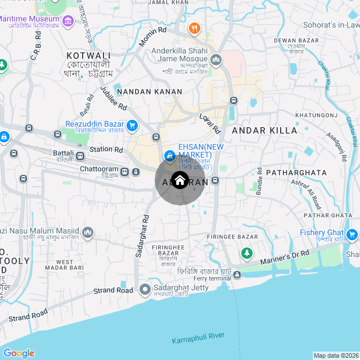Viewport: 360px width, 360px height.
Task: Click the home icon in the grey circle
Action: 179,181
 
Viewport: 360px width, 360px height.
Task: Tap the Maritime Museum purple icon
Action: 69,22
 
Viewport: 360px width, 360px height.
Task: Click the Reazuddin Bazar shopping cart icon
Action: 132,125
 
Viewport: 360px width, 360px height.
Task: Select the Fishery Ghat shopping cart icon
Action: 353,234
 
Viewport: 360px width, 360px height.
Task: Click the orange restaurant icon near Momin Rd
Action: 194,28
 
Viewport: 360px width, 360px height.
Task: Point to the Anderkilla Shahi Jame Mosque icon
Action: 217,59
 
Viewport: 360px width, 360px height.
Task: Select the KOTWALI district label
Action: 88,56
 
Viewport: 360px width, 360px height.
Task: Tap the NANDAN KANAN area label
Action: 149,91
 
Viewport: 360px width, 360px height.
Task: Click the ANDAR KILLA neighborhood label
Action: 264,130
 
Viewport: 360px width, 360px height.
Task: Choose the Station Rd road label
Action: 106,150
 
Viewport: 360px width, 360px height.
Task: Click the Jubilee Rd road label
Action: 114,99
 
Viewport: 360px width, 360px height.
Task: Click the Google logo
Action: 19,353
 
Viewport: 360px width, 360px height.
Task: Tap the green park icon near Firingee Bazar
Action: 246,254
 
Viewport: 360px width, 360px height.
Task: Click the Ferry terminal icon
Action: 237,274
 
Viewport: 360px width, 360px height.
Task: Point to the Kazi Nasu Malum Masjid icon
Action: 87,232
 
